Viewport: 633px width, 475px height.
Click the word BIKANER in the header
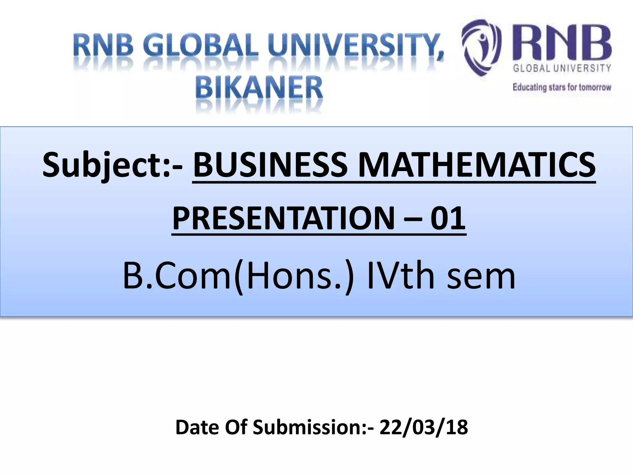point(259,88)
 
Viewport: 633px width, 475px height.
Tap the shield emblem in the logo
point(481,47)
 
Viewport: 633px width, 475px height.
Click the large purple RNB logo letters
point(562,44)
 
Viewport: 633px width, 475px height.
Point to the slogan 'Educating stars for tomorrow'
point(562,87)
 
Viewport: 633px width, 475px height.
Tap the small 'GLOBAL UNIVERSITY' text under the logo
point(562,68)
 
